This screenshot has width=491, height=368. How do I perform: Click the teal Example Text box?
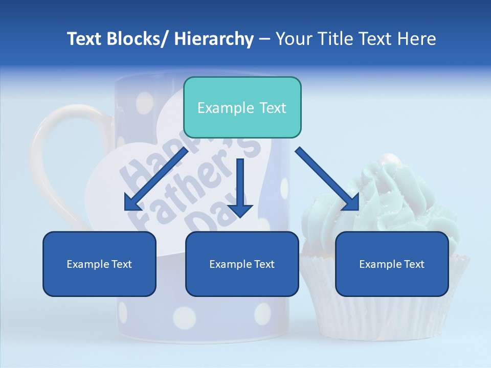point(242,107)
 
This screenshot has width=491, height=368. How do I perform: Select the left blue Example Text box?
point(99,264)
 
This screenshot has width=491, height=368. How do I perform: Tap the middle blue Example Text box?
point(242,264)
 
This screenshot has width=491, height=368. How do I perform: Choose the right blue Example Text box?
point(392,264)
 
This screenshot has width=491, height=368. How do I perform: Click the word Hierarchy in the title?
point(214,39)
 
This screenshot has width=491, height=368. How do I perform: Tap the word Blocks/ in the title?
point(136,39)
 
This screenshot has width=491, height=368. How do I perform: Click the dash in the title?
point(264,39)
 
